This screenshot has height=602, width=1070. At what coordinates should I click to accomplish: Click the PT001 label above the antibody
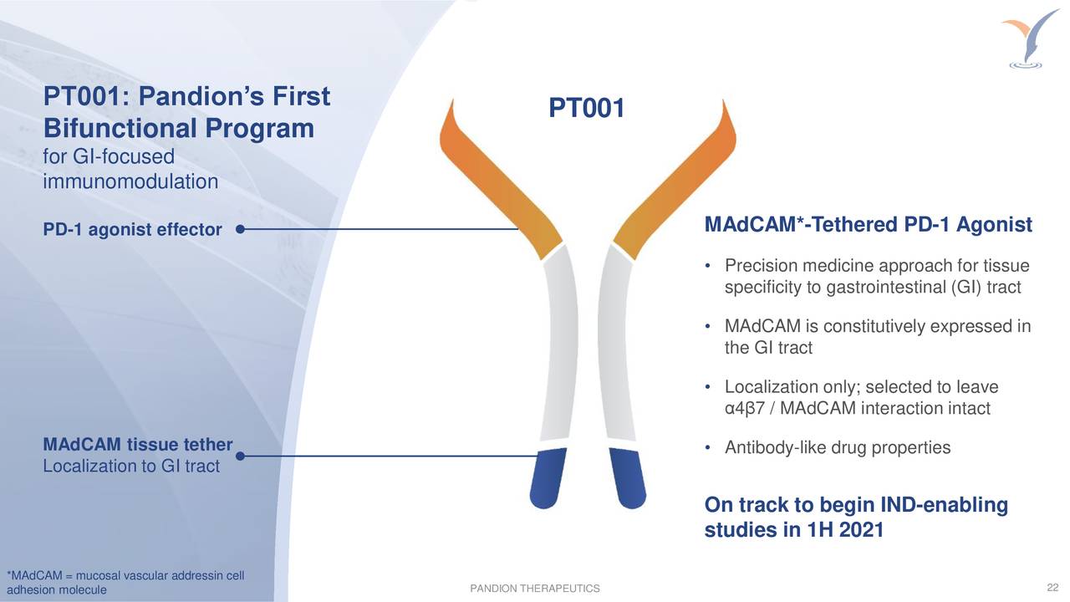click(586, 108)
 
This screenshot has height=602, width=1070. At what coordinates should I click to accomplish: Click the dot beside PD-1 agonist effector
click(240, 228)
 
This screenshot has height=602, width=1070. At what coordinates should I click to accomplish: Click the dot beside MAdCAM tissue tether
click(240, 456)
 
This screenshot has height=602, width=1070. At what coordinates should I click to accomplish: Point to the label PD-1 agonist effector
click(132, 230)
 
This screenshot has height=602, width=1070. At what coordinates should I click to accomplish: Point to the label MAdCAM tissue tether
click(137, 444)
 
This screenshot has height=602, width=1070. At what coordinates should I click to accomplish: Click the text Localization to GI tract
click(130, 466)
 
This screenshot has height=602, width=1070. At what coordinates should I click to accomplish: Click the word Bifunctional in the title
click(117, 130)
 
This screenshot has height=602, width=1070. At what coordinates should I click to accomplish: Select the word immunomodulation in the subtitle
click(130, 181)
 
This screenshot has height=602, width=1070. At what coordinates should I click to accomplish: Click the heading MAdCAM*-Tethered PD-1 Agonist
click(868, 226)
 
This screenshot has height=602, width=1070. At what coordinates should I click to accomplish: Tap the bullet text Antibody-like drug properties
click(837, 448)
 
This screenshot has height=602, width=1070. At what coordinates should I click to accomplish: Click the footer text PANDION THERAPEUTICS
click(535, 590)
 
